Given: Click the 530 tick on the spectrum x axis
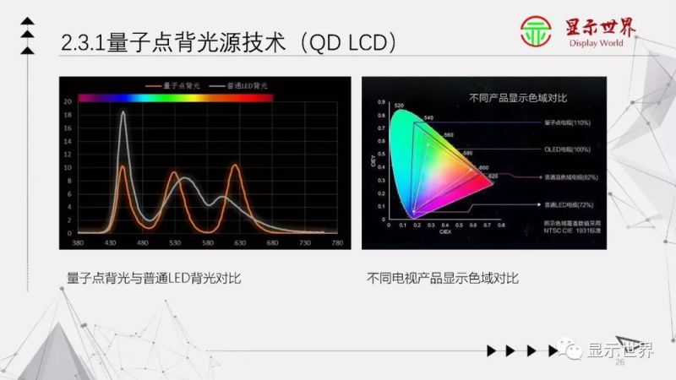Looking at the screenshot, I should tap(175, 243).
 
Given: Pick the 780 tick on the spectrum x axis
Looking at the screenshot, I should tap(337, 243).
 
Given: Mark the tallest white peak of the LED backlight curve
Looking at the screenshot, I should tap(123, 112).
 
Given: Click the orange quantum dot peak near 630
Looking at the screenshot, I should tap(235, 166).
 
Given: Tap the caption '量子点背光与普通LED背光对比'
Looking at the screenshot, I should tap(154, 277).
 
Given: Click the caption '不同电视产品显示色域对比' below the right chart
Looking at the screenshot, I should tap(443, 277).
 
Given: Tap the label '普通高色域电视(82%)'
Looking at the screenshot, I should tap(572, 177).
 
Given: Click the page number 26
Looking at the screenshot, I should tap(619, 362).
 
